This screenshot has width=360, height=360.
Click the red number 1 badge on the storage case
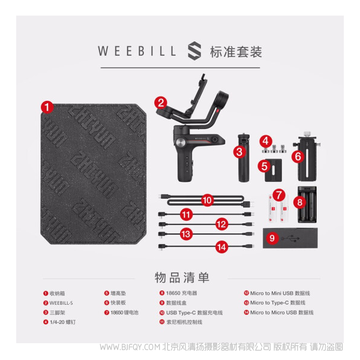click(47, 107)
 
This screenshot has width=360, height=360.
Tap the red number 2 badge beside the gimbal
click(160, 103)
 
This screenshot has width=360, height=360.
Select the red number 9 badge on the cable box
click(272, 238)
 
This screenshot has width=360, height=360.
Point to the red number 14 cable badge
click(221, 247)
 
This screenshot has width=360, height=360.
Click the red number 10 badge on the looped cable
click(208, 200)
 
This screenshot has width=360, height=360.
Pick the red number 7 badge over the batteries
click(279, 195)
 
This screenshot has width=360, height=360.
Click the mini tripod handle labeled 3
click(244, 158)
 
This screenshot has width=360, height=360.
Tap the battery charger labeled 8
click(307, 205)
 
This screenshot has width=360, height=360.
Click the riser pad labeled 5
click(273, 170)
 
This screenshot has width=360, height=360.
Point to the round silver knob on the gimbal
click(181, 142)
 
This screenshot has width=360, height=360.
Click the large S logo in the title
click(194, 51)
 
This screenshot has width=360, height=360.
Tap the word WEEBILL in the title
click(137, 51)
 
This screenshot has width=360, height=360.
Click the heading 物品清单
click(182, 278)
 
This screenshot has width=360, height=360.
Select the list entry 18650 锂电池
click(124, 313)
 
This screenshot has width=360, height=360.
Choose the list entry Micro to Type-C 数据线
click(278, 303)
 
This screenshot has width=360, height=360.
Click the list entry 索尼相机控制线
click(184, 322)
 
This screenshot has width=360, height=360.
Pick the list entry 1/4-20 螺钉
click(62, 322)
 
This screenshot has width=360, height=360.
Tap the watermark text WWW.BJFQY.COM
click(130, 347)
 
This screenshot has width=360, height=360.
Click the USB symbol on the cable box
click(290, 238)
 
